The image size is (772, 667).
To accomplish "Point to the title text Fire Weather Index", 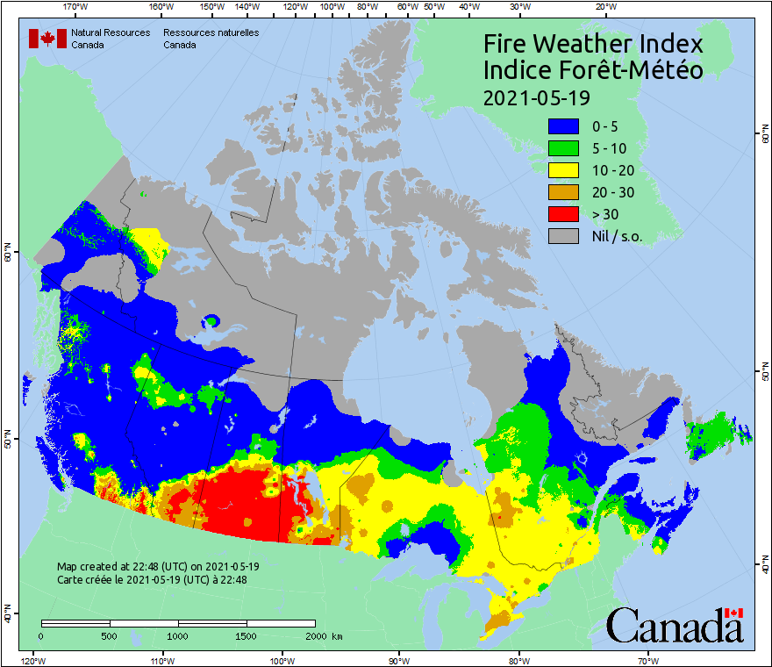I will tap(593, 44).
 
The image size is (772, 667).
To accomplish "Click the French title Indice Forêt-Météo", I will tap(593, 70).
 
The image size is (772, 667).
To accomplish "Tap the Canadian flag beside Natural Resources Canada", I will tap(47, 38).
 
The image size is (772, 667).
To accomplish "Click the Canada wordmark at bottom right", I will tap(675, 626).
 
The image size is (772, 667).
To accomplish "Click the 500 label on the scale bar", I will tap(110, 636).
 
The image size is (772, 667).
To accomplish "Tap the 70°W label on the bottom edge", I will tap(648, 660).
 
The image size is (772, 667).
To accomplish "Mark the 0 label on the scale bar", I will tap(41, 636).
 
